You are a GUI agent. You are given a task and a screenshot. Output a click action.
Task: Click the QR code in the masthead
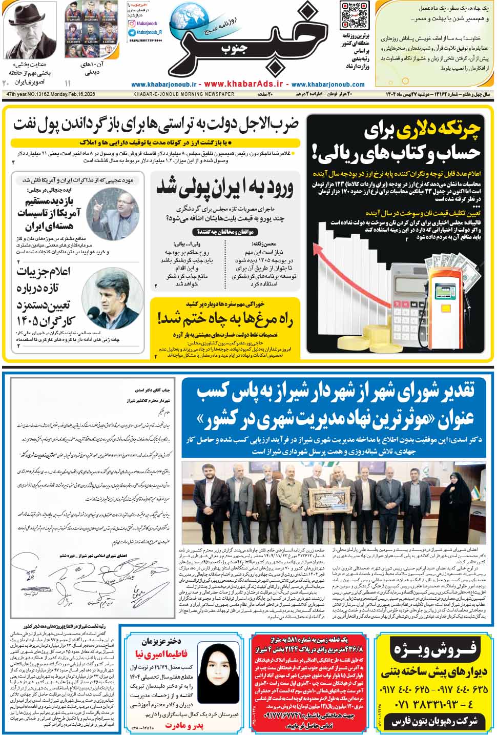click(355, 15)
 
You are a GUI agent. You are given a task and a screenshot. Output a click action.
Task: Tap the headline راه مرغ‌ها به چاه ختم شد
click(225, 320)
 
